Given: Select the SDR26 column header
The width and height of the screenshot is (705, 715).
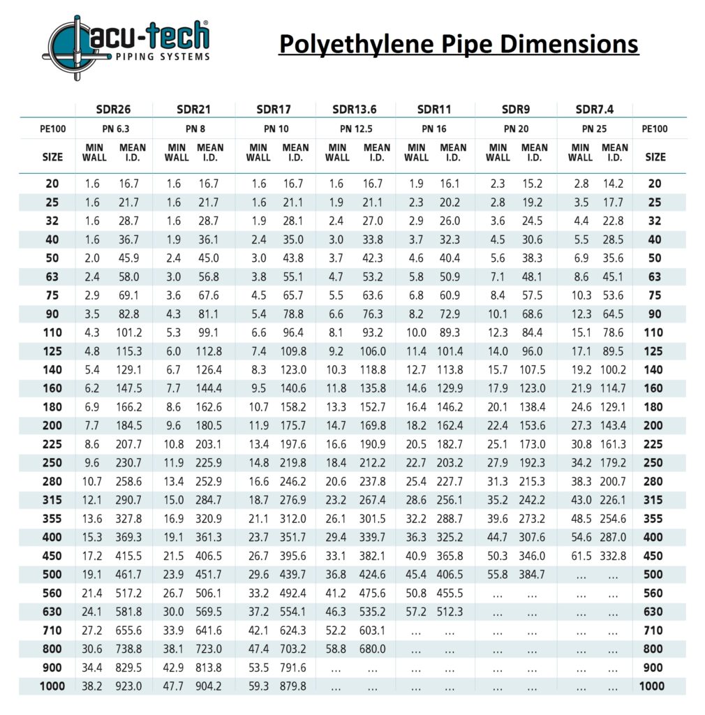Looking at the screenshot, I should [114, 109].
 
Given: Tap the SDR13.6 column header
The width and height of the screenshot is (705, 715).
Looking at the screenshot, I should [355, 109].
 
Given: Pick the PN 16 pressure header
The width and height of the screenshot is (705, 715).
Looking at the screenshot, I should [433, 128].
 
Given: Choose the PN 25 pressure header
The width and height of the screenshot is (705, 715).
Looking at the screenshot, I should [594, 128].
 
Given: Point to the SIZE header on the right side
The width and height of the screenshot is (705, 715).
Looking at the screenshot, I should [655, 157].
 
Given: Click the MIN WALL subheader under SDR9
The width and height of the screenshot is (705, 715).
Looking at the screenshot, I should [498, 152].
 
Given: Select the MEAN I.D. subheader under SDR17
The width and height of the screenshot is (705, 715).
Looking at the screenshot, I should [295, 152].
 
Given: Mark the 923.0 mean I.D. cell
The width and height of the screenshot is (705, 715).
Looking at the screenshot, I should [128, 686].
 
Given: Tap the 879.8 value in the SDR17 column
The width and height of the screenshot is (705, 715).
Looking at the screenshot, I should [292, 686].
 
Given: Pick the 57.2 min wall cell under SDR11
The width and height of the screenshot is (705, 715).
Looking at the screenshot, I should [416, 612].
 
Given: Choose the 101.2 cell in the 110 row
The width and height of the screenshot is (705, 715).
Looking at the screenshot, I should [128, 333].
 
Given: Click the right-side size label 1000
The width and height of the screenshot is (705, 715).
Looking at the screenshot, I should [652, 686].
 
